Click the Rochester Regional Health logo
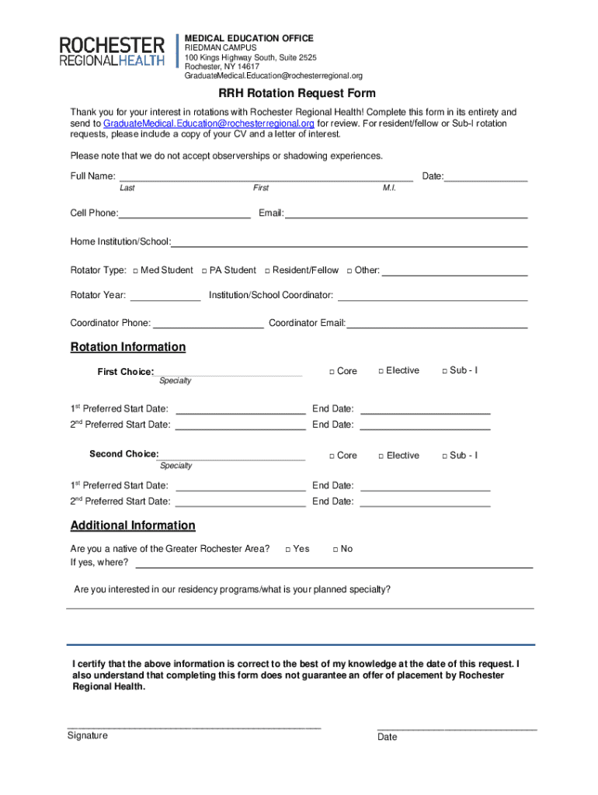pos(113,51)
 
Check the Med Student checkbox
pos(135,271)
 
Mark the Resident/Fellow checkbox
pos(266,271)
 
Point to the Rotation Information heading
pos(128,347)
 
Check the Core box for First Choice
pos(331,372)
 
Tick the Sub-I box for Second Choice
pos(444,456)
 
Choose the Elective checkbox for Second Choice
pos(381,456)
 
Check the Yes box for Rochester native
pos(288,550)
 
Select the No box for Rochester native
pos(335,550)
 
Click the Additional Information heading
pos(133,526)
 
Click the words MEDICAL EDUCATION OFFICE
pos(249,38)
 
